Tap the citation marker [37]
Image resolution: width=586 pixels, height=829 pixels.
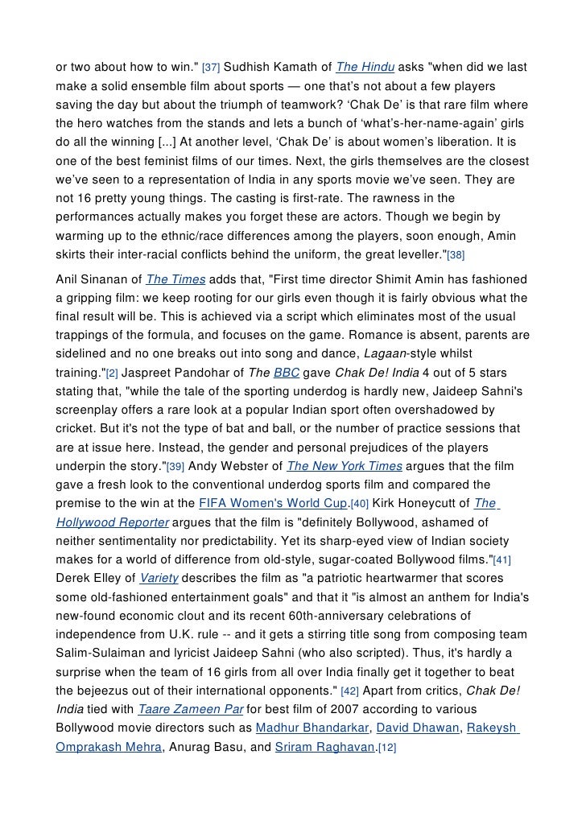coord(209,65)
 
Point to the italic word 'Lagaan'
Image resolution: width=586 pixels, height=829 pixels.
coord(388,353)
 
